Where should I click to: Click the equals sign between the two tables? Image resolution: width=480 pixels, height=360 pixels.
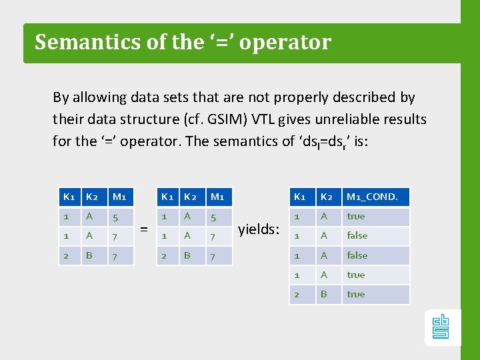[x=143, y=229]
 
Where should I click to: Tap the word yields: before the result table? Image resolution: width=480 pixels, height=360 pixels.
[x=258, y=229]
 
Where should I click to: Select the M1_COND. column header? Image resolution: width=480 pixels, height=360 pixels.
[x=371, y=197]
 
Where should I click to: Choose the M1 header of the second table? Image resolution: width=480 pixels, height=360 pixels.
[x=217, y=197]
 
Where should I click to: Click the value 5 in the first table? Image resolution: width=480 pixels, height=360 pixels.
[x=115, y=216]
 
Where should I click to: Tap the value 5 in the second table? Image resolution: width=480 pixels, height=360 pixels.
[x=213, y=216]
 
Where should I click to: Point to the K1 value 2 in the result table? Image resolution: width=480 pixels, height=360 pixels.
[x=297, y=294]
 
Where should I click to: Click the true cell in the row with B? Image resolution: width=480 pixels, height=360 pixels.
[x=356, y=294]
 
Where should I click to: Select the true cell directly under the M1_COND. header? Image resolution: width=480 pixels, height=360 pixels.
[x=356, y=216]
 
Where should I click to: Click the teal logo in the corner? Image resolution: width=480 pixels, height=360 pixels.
[x=441, y=326]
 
